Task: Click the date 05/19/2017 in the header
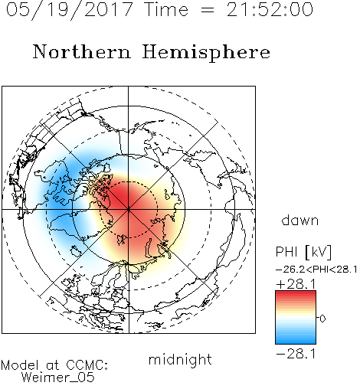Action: [70, 10]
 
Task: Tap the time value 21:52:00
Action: [270, 9]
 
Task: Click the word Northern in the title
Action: [82, 51]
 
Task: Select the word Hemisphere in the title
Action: [206, 53]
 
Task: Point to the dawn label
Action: [300, 221]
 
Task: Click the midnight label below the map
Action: [180, 359]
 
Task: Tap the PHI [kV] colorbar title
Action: [303, 252]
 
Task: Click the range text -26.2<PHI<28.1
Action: [316, 270]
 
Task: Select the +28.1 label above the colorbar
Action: [296, 284]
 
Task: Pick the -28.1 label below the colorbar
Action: [296, 354]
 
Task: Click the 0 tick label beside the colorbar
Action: [322, 319]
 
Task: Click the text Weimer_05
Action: [58, 378]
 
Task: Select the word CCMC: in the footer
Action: [87, 365]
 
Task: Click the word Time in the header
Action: [166, 10]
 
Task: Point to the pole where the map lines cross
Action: [129, 210]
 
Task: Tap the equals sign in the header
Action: [208, 11]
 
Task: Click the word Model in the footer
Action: [20, 365]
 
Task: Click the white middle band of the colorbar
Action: [296, 318]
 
